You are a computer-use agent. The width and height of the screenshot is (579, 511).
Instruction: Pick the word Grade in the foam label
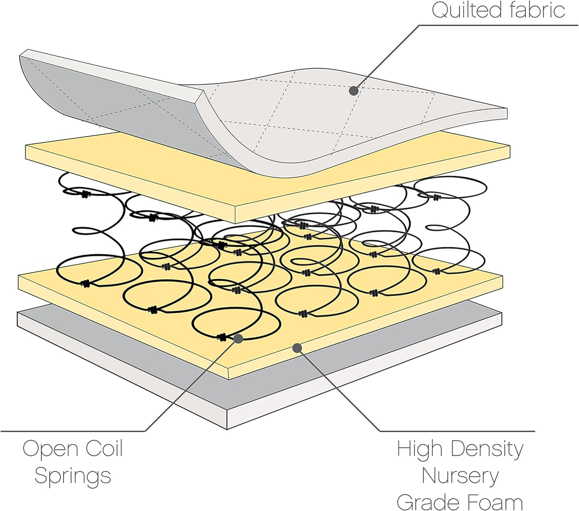tap(426, 503)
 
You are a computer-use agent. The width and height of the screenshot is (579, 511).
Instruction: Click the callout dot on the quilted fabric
tap(353, 91)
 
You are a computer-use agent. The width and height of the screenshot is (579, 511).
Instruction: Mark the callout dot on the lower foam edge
tap(297, 348)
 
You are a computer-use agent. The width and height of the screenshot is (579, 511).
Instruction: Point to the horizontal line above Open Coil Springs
tap(72, 431)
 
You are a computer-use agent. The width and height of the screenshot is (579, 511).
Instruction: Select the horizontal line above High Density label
tap(457, 431)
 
